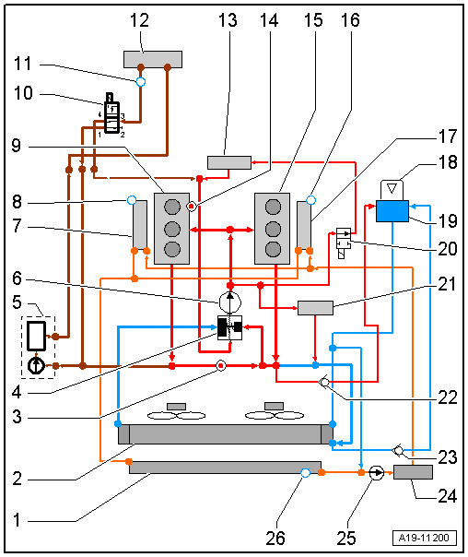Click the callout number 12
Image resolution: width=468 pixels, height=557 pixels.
[139, 20]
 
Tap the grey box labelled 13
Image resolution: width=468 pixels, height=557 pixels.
[229, 162]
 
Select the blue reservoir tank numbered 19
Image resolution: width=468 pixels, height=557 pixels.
[392, 211]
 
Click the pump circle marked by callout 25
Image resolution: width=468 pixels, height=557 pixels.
[377, 473]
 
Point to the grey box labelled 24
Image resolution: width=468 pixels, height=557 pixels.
[413, 472]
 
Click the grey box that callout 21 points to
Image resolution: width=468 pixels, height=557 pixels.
[315, 308]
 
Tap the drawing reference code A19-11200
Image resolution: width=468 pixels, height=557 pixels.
[425, 538]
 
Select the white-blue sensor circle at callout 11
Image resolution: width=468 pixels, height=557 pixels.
[141, 82]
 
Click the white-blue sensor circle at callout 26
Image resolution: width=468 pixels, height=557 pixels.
[305, 473]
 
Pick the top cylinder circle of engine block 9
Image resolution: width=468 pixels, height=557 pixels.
[172, 207]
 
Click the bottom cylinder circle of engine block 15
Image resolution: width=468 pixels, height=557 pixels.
[273, 249]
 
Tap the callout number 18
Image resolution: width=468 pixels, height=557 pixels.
[448, 162]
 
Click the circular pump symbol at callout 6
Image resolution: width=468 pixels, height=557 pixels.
[230, 302]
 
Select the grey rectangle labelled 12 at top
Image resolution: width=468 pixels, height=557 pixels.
[153, 59]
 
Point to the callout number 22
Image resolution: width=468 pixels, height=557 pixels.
[448, 397]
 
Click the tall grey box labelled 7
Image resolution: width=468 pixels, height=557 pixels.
[140, 224]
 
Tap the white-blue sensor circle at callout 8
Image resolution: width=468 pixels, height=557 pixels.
[132, 200]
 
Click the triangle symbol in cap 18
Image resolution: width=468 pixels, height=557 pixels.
[392, 188]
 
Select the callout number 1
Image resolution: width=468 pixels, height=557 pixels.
[17, 520]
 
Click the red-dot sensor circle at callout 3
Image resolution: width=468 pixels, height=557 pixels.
[221, 365]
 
